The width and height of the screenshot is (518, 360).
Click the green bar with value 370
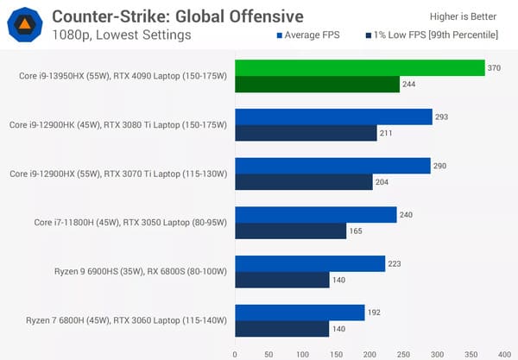coord(359,68)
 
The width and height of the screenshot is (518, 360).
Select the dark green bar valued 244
coord(317,84)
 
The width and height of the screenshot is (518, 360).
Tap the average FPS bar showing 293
coord(333,117)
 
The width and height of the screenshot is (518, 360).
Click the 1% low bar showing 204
coord(303,181)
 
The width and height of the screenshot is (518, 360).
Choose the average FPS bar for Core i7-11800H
coord(316,215)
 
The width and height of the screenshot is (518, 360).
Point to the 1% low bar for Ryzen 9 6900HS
coord(282,280)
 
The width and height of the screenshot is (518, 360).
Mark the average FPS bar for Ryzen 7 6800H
coord(300,313)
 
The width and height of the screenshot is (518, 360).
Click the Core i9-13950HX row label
coord(123,76)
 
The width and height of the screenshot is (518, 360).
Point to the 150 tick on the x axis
coord(336,352)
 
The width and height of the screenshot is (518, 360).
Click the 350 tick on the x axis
coord(471,352)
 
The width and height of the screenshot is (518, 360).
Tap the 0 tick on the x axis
coord(235,352)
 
